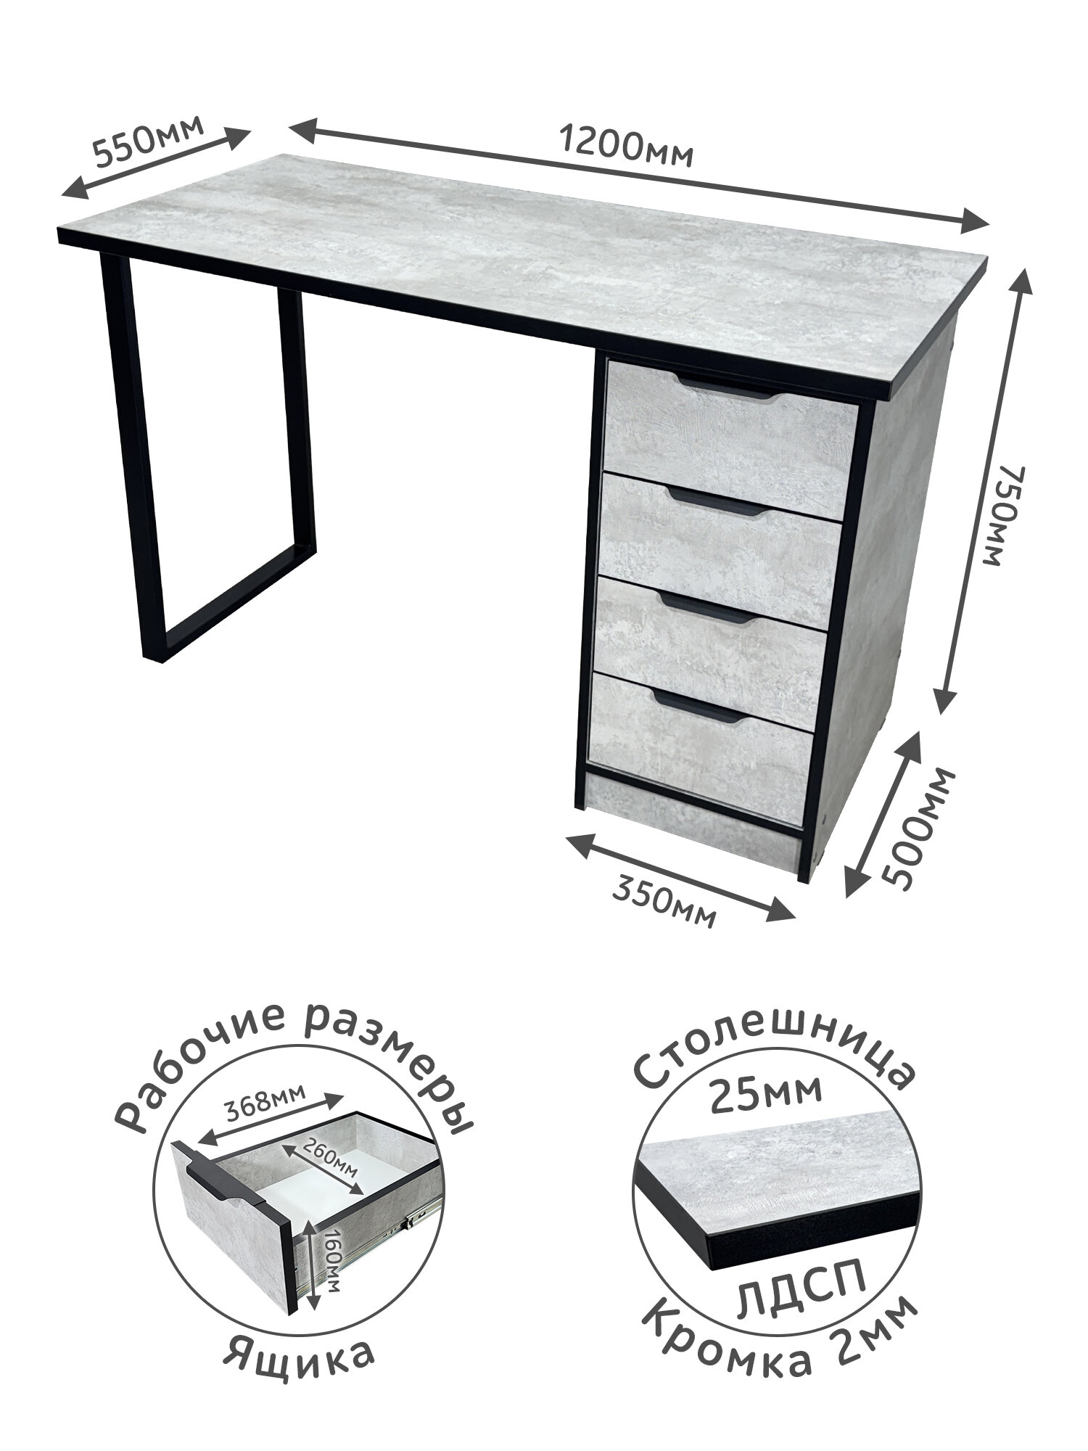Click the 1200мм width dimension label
click(x=627, y=147)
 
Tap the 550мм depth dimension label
click(x=149, y=140)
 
